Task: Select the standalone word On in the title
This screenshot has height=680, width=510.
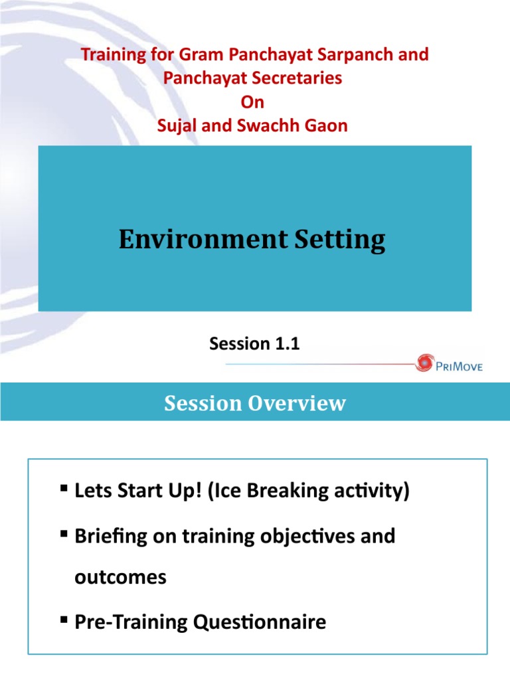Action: [x=254, y=102]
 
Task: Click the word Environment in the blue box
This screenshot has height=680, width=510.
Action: [x=199, y=239]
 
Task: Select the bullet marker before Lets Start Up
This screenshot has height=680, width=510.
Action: [x=63, y=490]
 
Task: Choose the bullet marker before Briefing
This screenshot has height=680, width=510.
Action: [x=63, y=534]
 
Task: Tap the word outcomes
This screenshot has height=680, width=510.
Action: [x=120, y=578]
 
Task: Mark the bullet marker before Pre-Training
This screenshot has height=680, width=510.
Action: [x=63, y=620]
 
